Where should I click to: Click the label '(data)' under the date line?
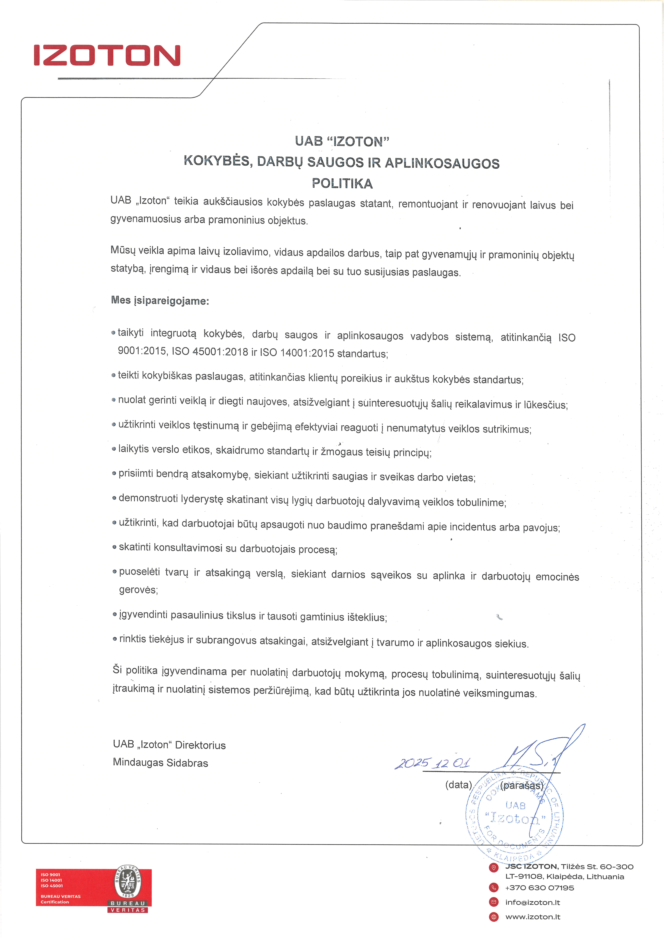(x=458, y=784)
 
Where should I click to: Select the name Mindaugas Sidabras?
(x=160, y=763)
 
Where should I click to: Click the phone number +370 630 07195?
(x=539, y=888)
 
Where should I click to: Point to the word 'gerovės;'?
(x=138, y=590)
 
